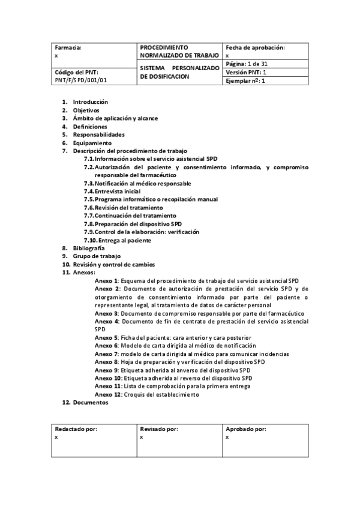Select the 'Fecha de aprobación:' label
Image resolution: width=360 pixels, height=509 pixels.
(255, 47)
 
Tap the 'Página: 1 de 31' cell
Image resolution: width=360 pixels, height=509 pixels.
(247, 64)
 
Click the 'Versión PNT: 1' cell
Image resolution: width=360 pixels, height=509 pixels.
(246, 72)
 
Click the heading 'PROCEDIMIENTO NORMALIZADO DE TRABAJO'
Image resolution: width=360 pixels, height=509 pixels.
(179, 51)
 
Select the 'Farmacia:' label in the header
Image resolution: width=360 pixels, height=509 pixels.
(68, 47)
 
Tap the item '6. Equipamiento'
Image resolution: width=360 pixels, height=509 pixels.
(92, 143)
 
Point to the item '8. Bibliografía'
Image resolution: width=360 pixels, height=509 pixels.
(88, 248)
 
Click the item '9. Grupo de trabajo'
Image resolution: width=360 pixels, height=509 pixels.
(95, 256)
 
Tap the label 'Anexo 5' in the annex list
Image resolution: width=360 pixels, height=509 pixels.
(106, 338)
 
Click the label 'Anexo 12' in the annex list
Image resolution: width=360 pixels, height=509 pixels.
(108, 394)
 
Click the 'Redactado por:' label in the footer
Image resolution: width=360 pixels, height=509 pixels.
(76, 429)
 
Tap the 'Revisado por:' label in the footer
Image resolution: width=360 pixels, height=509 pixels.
(159, 429)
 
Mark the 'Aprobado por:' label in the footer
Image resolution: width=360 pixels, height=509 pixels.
(245, 429)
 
